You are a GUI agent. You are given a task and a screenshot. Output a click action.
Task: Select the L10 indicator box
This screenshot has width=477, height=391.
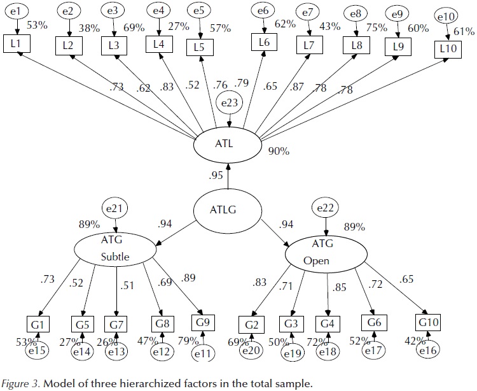447,49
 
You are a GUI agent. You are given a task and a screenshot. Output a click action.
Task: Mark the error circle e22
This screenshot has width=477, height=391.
326,207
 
